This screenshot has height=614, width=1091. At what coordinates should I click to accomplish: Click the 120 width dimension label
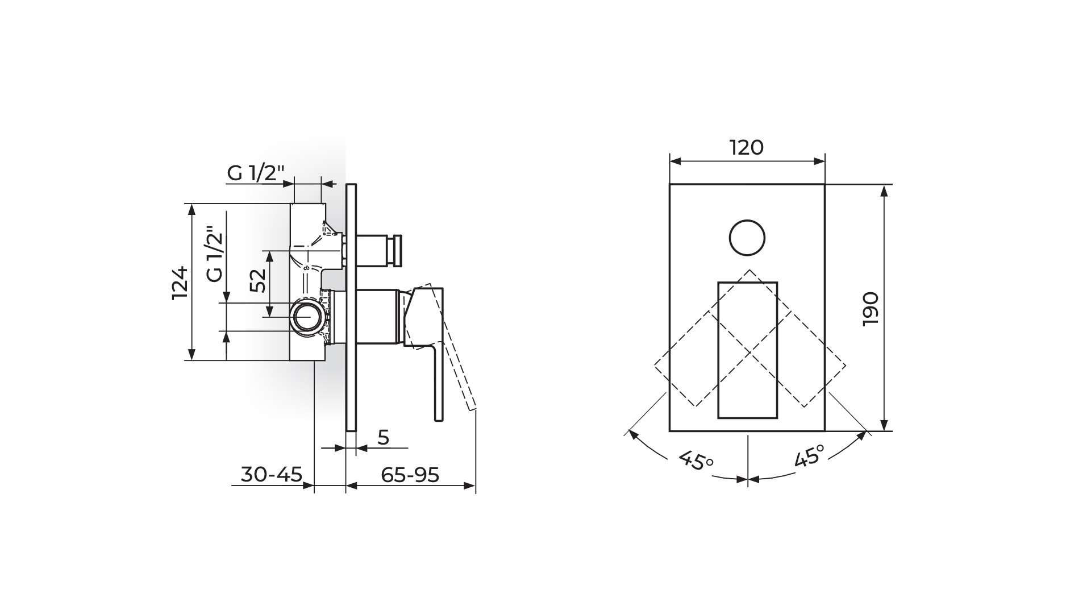click(747, 148)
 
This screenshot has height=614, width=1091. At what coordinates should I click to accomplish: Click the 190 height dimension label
click(871, 309)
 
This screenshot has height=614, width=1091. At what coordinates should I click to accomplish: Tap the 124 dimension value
click(180, 283)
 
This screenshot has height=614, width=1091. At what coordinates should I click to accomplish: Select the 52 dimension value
click(258, 280)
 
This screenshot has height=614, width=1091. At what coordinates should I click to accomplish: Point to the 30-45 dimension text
click(272, 474)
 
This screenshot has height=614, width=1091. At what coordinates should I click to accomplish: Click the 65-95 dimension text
click(410, 474)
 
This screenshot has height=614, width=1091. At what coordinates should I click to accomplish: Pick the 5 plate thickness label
click(384, 437)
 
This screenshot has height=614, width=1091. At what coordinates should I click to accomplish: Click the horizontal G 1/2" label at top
click(255, 173)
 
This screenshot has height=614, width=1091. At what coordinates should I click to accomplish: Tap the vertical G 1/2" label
click(214, 255)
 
